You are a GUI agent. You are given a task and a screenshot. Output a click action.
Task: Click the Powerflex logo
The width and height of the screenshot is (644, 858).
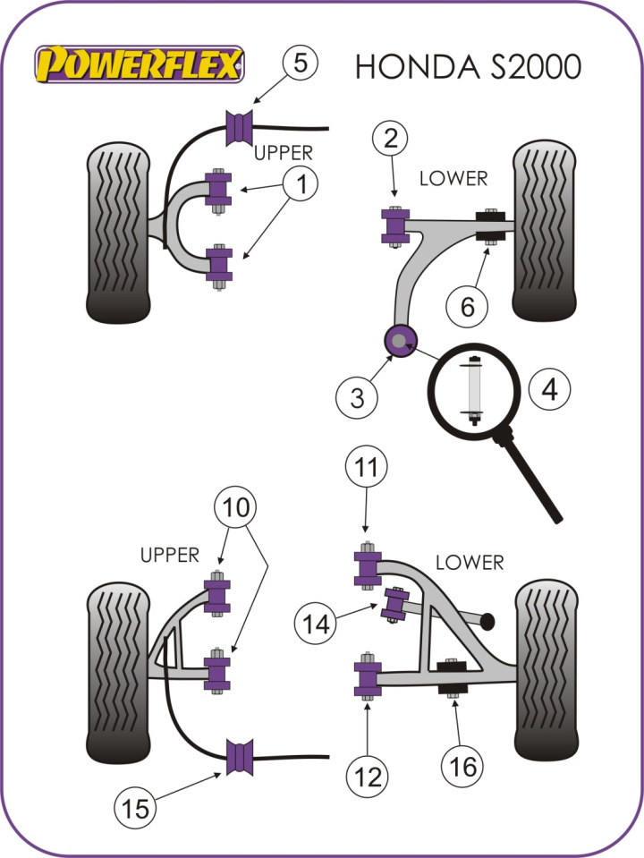click(x=139, y=64)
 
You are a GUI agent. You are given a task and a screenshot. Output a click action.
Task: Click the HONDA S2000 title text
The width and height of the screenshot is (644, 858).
click(x=468, y=66)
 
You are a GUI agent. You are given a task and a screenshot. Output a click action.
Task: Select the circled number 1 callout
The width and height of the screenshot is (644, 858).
click(x=301, y=185)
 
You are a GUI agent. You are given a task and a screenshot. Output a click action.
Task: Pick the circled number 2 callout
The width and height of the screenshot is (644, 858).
click(x=391, y=140)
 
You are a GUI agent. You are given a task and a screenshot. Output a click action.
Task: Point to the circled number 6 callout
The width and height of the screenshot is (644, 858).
click(x=469, y=307)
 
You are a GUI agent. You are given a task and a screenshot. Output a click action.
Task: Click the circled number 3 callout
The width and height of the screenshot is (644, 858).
click(x=358, y=396)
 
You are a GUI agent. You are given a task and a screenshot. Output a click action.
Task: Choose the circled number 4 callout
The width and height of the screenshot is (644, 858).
click(x=547, y=389)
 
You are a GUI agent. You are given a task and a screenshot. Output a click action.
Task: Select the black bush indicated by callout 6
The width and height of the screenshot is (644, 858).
click(x=490, y=227)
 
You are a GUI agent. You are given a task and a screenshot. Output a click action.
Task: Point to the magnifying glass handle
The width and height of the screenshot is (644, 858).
click(x=535, y=479)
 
